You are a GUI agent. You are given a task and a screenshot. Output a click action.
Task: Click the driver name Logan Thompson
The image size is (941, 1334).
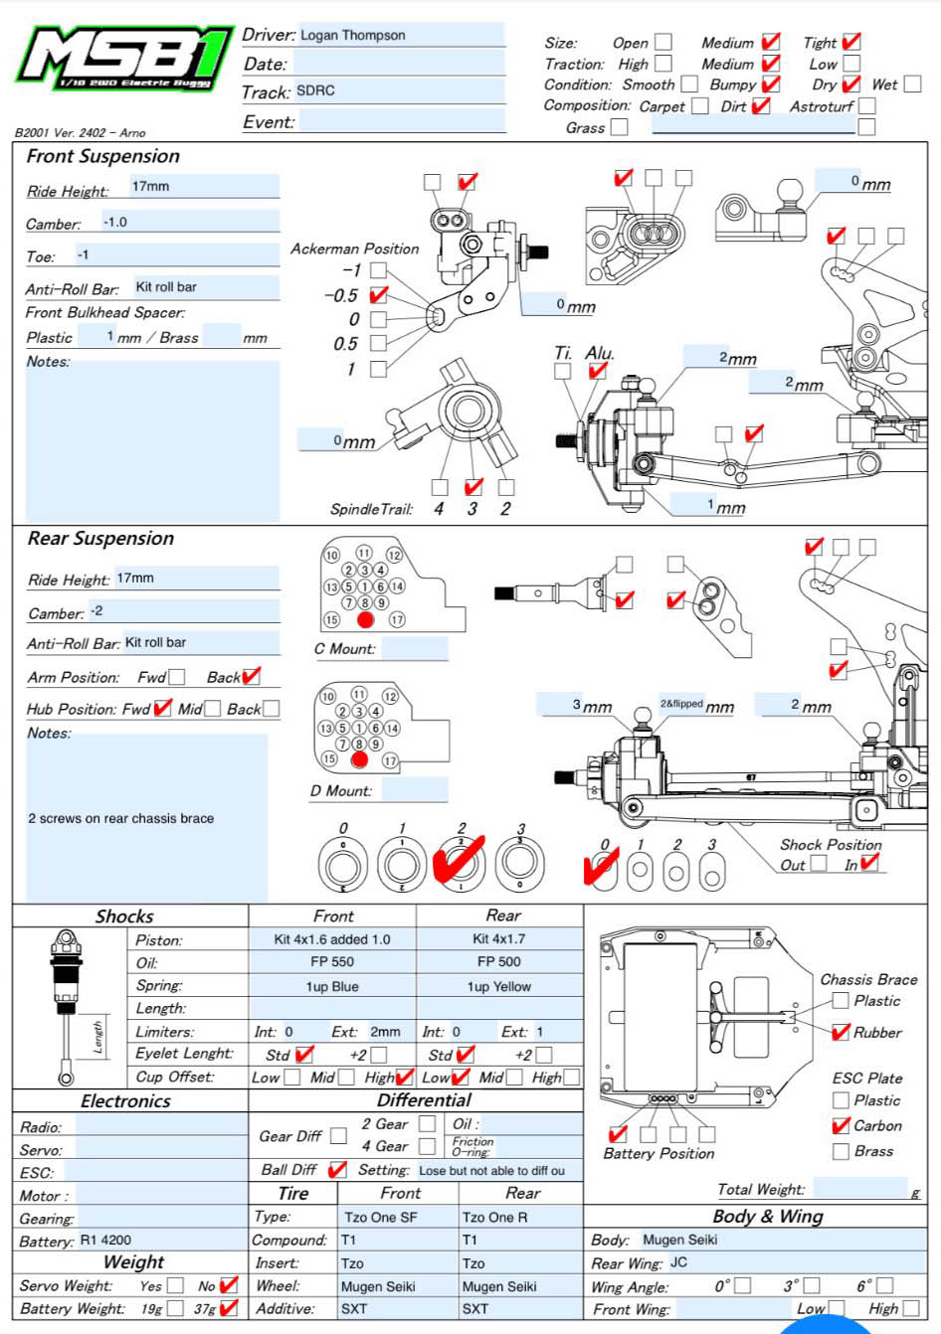coord(352,35)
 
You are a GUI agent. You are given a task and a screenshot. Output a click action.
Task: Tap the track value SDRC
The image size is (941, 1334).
coord(315,90)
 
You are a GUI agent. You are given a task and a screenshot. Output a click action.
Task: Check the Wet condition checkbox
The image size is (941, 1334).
coord(912,84)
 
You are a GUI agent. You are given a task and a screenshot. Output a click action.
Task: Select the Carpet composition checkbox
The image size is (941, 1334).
coord(699,106)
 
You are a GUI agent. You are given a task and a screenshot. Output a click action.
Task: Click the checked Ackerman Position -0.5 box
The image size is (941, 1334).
coord(378,295)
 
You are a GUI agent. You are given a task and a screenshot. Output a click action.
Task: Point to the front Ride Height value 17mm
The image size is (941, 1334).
coord(150,186)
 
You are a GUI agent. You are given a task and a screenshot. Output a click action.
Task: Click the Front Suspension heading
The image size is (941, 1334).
coord(102,156)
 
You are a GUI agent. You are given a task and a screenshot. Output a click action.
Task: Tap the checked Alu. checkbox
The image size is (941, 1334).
coord(597,371)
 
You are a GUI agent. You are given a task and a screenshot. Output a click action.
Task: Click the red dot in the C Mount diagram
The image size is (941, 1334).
coord(365,619)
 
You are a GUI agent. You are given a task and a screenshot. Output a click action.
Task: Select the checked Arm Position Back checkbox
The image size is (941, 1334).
coord(251,677)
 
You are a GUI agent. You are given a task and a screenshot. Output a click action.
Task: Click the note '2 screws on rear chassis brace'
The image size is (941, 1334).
coord(120,818)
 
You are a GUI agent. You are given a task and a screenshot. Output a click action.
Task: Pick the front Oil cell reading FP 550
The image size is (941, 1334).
coord(331,961)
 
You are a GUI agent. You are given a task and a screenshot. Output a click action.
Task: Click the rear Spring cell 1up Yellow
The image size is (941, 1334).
coord(498,987)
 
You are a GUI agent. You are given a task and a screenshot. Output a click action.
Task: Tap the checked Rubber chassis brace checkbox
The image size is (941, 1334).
coord(841,1032)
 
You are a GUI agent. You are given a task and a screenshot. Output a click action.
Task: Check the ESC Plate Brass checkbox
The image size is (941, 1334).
coord(841,1151)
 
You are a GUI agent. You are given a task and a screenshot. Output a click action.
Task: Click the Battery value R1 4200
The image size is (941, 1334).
coord(105,1240)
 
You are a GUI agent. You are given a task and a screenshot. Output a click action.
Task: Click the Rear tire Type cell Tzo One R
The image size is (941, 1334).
coord(494,1217)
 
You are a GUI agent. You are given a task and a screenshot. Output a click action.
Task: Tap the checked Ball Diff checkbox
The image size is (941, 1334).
coord(337,1170)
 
